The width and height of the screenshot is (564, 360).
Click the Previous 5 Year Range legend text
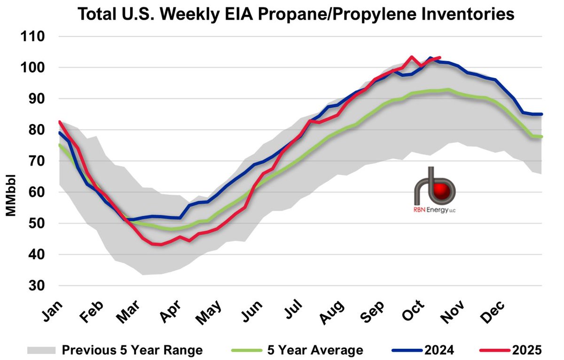133,350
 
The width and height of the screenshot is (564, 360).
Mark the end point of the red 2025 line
439,57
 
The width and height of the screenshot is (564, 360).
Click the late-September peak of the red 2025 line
411,57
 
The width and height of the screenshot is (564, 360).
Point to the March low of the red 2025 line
160,244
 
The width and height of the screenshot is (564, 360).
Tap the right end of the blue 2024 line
541,114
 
